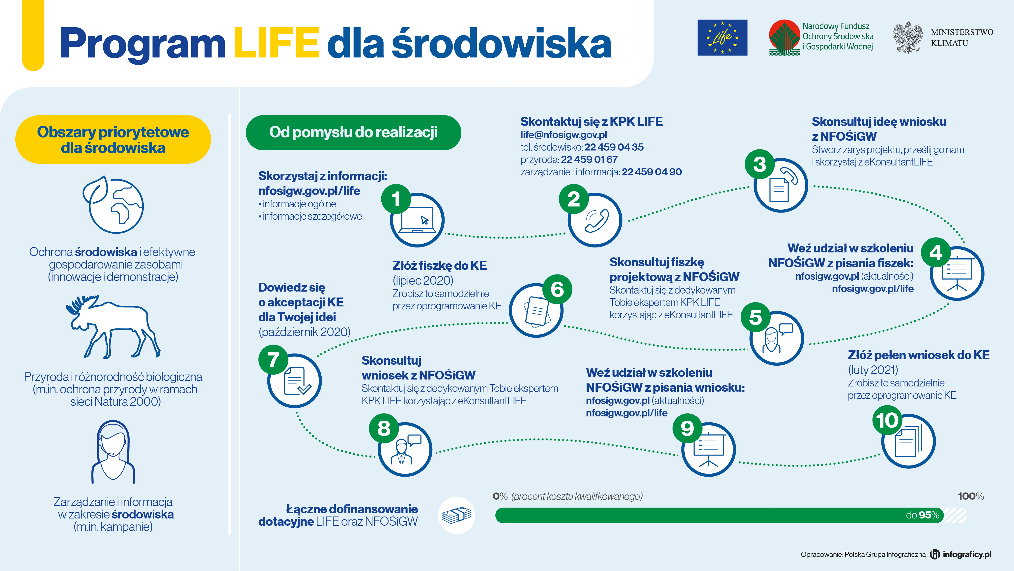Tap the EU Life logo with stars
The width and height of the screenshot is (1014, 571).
point(722,37)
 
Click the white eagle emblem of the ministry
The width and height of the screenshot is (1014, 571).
point(908,37)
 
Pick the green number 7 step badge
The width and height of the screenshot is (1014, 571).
point(273,359)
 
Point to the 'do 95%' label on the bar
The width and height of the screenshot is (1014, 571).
point(922,515)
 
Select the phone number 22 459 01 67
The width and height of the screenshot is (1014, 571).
point(589,159)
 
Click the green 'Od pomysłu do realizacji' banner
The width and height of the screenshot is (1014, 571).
point(353,133)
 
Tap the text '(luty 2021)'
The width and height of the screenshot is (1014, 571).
point(873,370)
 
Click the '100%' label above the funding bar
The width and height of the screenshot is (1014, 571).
point(971,496)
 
